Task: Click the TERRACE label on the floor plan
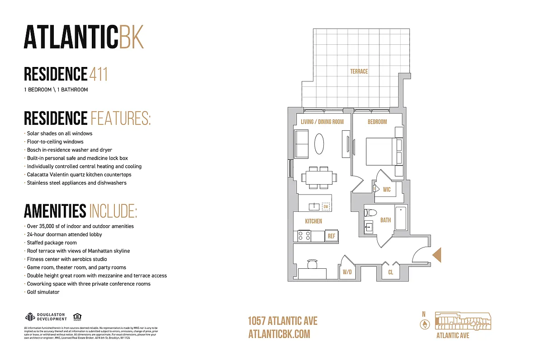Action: (359, 71)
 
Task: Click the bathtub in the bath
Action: (401, 219)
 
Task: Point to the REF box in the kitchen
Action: (332, 236)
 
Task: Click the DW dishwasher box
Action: (325, 207)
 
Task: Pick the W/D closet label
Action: (347, 272)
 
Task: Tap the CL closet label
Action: (391, 272)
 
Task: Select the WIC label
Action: (387, 190)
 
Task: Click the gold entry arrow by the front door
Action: (437, 255)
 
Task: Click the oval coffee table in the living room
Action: (319, 144)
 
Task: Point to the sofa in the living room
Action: (301, 144)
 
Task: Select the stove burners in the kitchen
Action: (304, 236)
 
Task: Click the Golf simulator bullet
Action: (43, 292)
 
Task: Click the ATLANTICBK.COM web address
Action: (279, 334)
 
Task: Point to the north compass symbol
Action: (424, 324)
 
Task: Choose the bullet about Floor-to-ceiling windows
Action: (55, 142)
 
